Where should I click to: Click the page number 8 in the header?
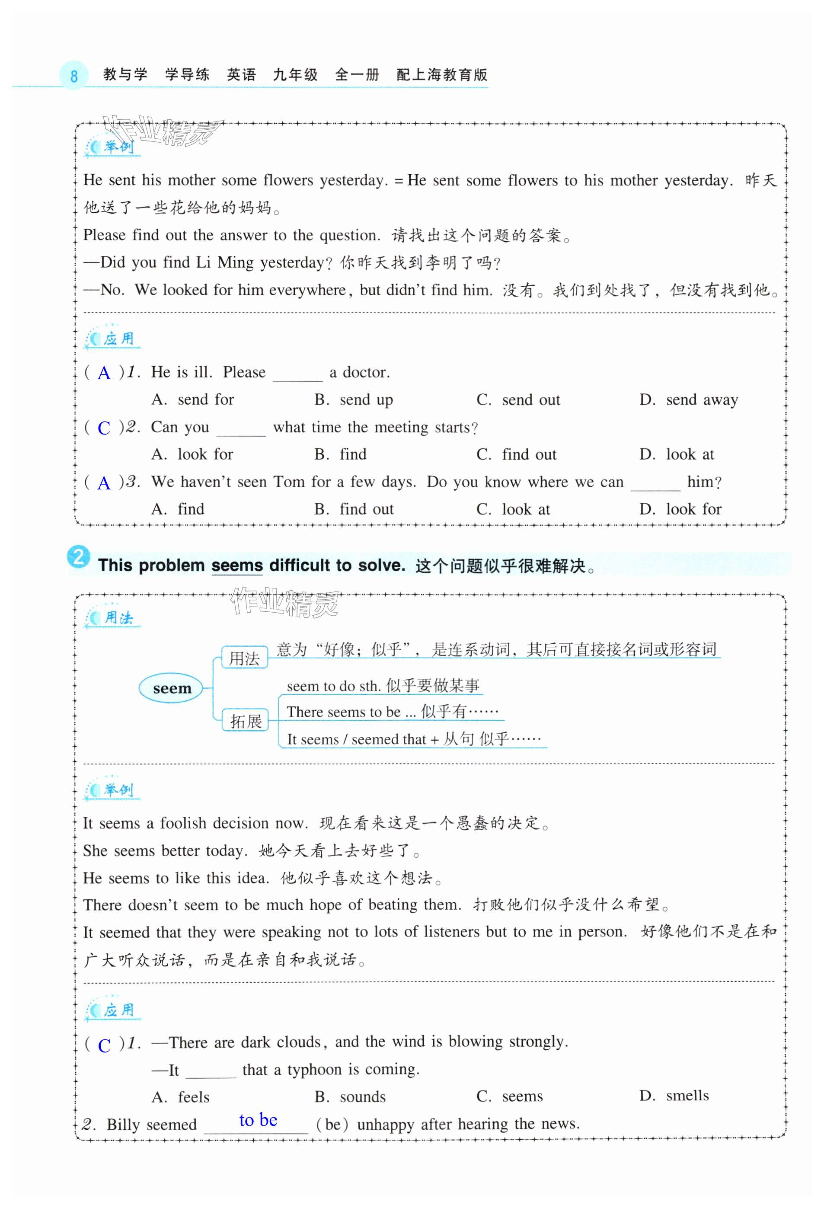click(x=73, y=76)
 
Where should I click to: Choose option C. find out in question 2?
click(x=516, y=454)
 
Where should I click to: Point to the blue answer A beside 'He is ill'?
click(x=104, y=373)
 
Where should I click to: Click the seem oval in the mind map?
click(x=172, y=689)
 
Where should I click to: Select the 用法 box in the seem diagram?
click(x=244, y=658)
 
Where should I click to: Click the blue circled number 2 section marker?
click(x=79, y=558)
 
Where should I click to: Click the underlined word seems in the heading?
click(x=237, y=566)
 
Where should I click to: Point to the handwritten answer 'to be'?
click(x=259, y=1120)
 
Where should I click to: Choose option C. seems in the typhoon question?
click(x=509, y=1096)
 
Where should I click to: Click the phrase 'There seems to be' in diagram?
click(x=344, y=712)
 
